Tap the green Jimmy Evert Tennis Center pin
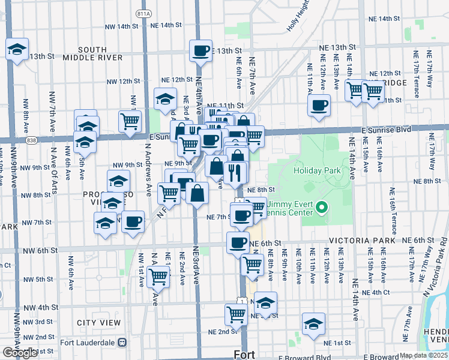[322, 208]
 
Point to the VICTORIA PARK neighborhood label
[362, 240]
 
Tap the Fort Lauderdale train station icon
[122, 343]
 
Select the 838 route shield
[31, 140]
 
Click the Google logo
[19, 353]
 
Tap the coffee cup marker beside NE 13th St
[200, 50]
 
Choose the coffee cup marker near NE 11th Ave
[319, 105]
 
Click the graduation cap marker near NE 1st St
[313, 323]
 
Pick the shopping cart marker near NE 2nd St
[237, 314]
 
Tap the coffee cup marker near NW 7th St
[133, 221]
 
